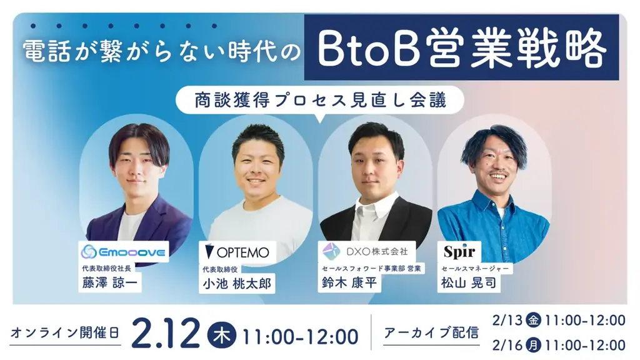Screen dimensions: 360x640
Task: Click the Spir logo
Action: coord(459,252)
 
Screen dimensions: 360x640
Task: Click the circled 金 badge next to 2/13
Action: coord(533,321)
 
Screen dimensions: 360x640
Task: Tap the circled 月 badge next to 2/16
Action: coord(533,344)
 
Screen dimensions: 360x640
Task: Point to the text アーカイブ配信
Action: coord(432,332)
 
